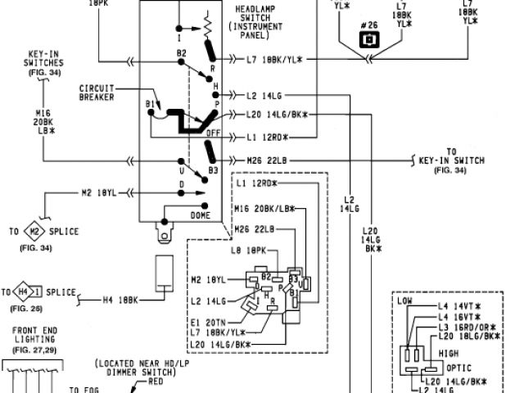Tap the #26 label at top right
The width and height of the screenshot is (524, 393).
click(371, 25)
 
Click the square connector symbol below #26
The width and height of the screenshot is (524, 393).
click(371, 39)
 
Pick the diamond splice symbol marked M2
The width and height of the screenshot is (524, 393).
click(36, 232)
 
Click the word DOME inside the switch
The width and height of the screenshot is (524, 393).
click(201, 215)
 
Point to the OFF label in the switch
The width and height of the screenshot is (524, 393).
click(213, 133)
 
